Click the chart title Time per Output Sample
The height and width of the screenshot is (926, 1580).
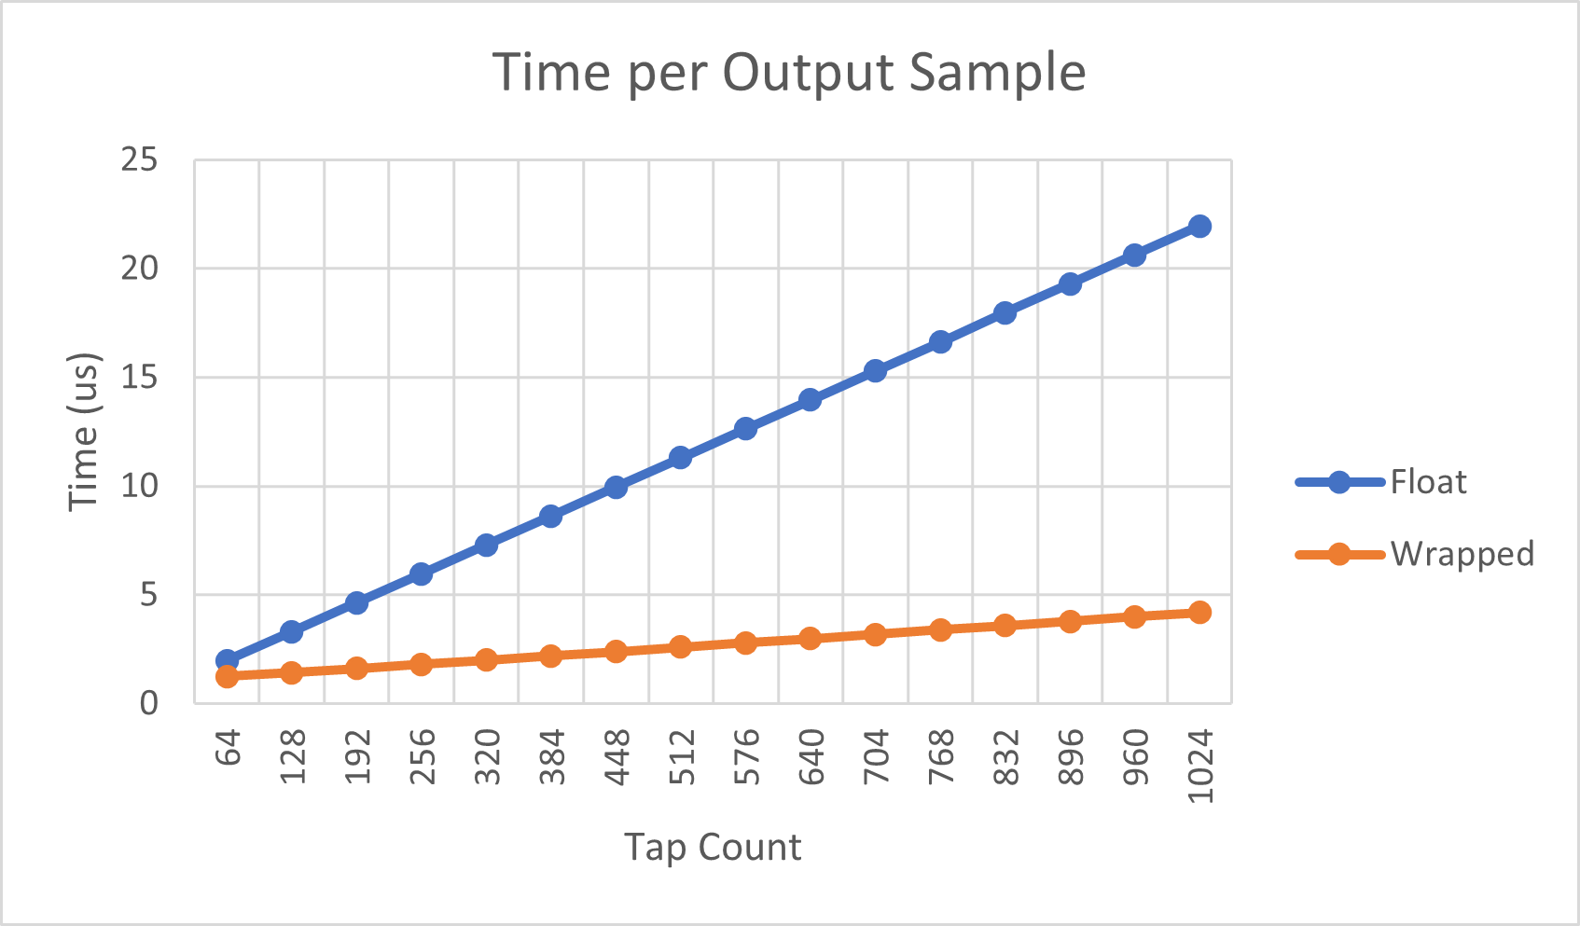click(789, 73)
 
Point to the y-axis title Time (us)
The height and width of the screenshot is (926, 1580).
click(84, 432)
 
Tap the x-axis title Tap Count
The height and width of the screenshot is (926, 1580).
click(713, 847)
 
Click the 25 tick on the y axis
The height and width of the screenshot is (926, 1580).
click(139, 160)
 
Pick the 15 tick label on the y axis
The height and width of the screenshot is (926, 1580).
click(139, 378)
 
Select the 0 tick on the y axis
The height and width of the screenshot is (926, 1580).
click(149, 702)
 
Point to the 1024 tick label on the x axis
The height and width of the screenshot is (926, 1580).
click(1200, 765)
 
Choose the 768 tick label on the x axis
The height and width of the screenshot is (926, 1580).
click(941, 756)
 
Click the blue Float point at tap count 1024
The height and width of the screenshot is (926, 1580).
click(1200, 226)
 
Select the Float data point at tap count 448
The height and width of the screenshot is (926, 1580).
click(616, 487)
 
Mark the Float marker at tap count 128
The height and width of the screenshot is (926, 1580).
click(292, 631)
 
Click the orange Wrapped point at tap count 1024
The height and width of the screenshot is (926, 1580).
click(1200, 612)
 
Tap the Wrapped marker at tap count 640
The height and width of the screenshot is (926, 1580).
click(811, 638)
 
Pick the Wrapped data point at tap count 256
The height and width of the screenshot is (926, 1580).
click(422, 664)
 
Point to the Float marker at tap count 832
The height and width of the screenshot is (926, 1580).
click(1005, 312)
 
